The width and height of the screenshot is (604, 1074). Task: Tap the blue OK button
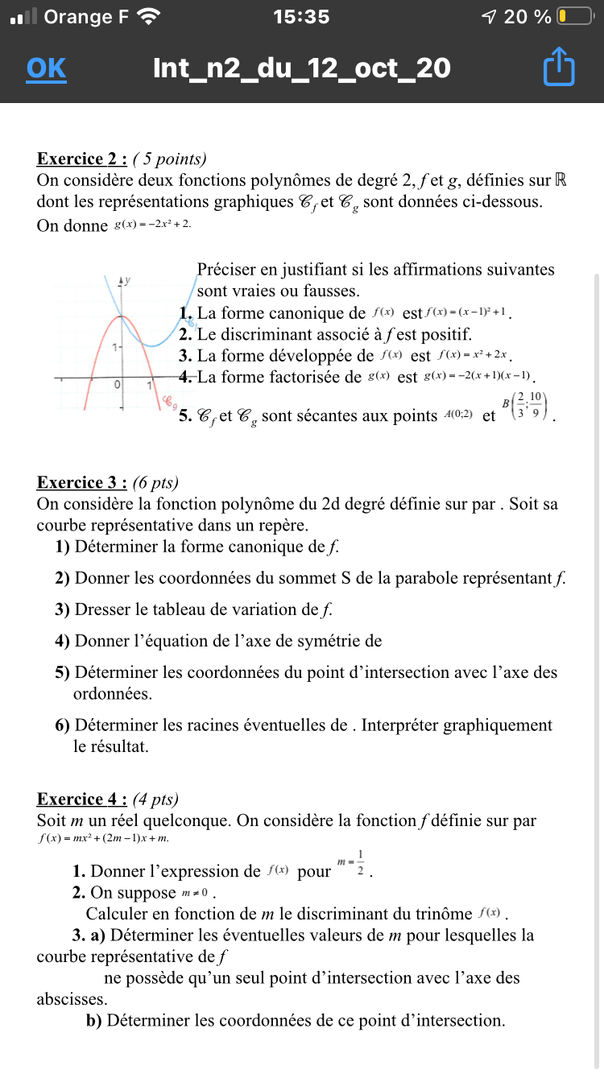click(46, 68)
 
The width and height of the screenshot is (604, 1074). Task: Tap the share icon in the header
click(559, 68)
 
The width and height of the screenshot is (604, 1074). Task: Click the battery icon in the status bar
click(575, 16)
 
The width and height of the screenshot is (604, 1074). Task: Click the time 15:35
click(301, 16)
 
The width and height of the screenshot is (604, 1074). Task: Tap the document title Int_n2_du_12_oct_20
click(301, 68)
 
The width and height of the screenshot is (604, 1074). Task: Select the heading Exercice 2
click(82, 159)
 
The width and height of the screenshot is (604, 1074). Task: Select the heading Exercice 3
click(82, 482)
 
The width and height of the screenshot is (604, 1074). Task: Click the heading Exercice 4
click(82, 799)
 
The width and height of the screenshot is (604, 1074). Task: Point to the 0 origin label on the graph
click(118, 386)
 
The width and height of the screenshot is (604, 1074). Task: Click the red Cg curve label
click(169, 398)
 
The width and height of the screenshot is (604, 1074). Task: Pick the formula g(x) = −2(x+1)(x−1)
click(478, 376)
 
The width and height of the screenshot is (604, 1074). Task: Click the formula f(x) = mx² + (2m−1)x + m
click(104, 839)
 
